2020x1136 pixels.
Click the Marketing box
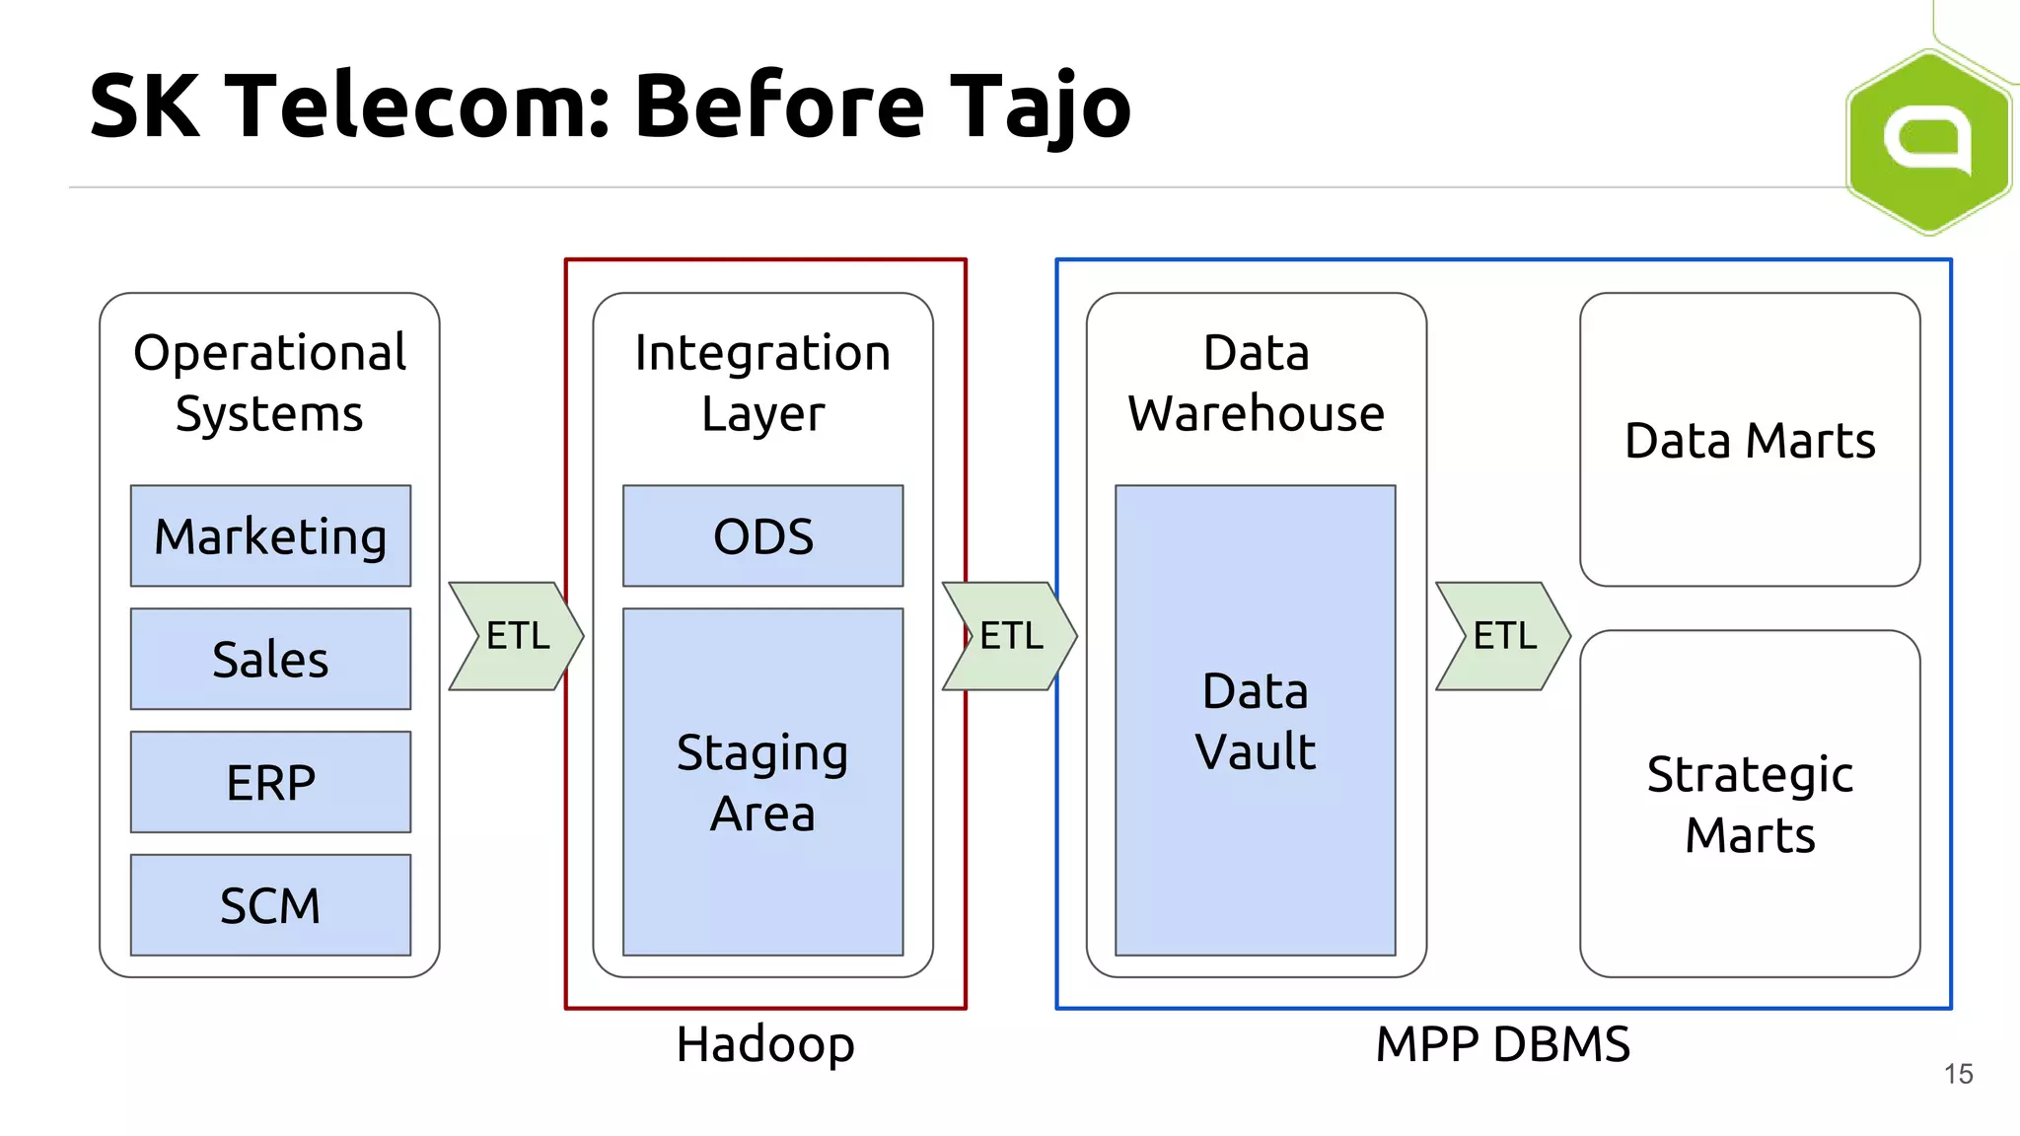tap(270, 535)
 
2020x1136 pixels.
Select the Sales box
tap(270, 659)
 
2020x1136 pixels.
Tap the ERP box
tap(270, 782)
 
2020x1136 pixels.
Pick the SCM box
tap(270, 905)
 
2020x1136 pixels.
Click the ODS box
tap(762, 535)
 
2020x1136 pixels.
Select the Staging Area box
tap(762, 782)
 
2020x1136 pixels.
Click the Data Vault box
tap(1255, 721)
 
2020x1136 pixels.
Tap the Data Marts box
tap(1749, 440)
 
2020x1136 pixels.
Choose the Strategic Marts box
tap(1749, 804)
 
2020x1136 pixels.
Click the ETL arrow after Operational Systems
tap(516, 636)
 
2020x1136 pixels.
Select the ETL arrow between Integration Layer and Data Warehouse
tap(1009, 636)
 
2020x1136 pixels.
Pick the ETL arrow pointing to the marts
tap(1502, 636)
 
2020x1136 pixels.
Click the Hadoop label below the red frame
tap(764, 1043)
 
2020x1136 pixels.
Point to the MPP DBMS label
tap(1502, 1043)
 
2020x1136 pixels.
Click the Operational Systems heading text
tap(269, 383)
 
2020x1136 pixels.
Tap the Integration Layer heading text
tap(762, 383)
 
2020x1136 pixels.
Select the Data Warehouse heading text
tap(1256, 383)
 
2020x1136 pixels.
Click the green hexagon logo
tap(1928, 141)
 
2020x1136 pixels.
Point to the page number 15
tap(1958, 1074)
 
